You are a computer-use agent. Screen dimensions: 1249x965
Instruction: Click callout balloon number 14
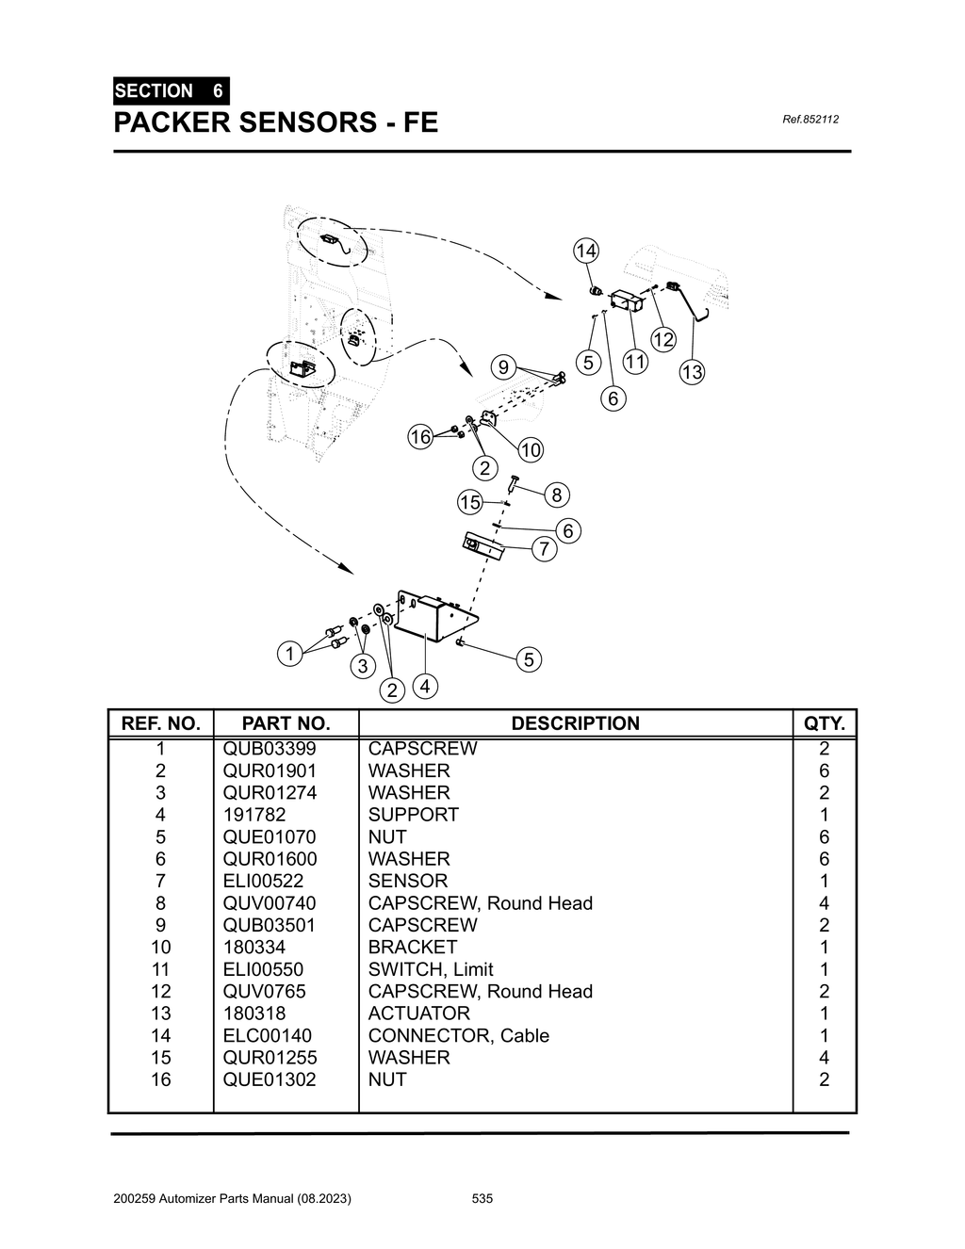click(x=585, y=251)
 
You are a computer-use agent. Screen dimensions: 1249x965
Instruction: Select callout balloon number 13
click(x=692, y=372)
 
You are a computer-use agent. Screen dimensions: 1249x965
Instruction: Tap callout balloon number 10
click(x=531, y=450)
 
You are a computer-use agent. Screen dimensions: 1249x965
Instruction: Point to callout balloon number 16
click(x=420, y=436)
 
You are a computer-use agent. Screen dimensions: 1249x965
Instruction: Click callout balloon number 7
click(x=544, y=548)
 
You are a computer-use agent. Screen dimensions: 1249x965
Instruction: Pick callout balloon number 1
click(x=290, y=653)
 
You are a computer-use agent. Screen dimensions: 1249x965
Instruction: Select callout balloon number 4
click(x=425, y=687)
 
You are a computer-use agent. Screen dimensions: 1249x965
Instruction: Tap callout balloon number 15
click(x=470, y=502)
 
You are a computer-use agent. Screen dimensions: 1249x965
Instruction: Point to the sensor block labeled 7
click(x=483, y=546)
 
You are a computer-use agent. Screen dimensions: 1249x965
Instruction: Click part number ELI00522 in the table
click(x=263, y=881)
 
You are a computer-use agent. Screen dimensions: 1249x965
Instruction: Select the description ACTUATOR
click(x=418, y=1014)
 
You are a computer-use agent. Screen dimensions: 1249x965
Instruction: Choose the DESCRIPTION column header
click(x=575, y=723)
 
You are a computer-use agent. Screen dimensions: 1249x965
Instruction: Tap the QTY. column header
click(x=825, y=723)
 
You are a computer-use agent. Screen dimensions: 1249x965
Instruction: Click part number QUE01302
click(x=270, y=1079)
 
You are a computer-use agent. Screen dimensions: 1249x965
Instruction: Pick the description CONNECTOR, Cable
click(x=458, y=1035)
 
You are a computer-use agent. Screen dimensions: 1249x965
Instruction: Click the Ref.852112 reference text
click(x=810, y=120)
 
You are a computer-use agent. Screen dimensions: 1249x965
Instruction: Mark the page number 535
click(x=482, y=1199)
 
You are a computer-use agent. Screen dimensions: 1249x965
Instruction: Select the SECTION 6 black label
click(x=170, y=91)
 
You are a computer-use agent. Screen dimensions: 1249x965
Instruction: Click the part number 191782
click(x=254, y=815)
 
